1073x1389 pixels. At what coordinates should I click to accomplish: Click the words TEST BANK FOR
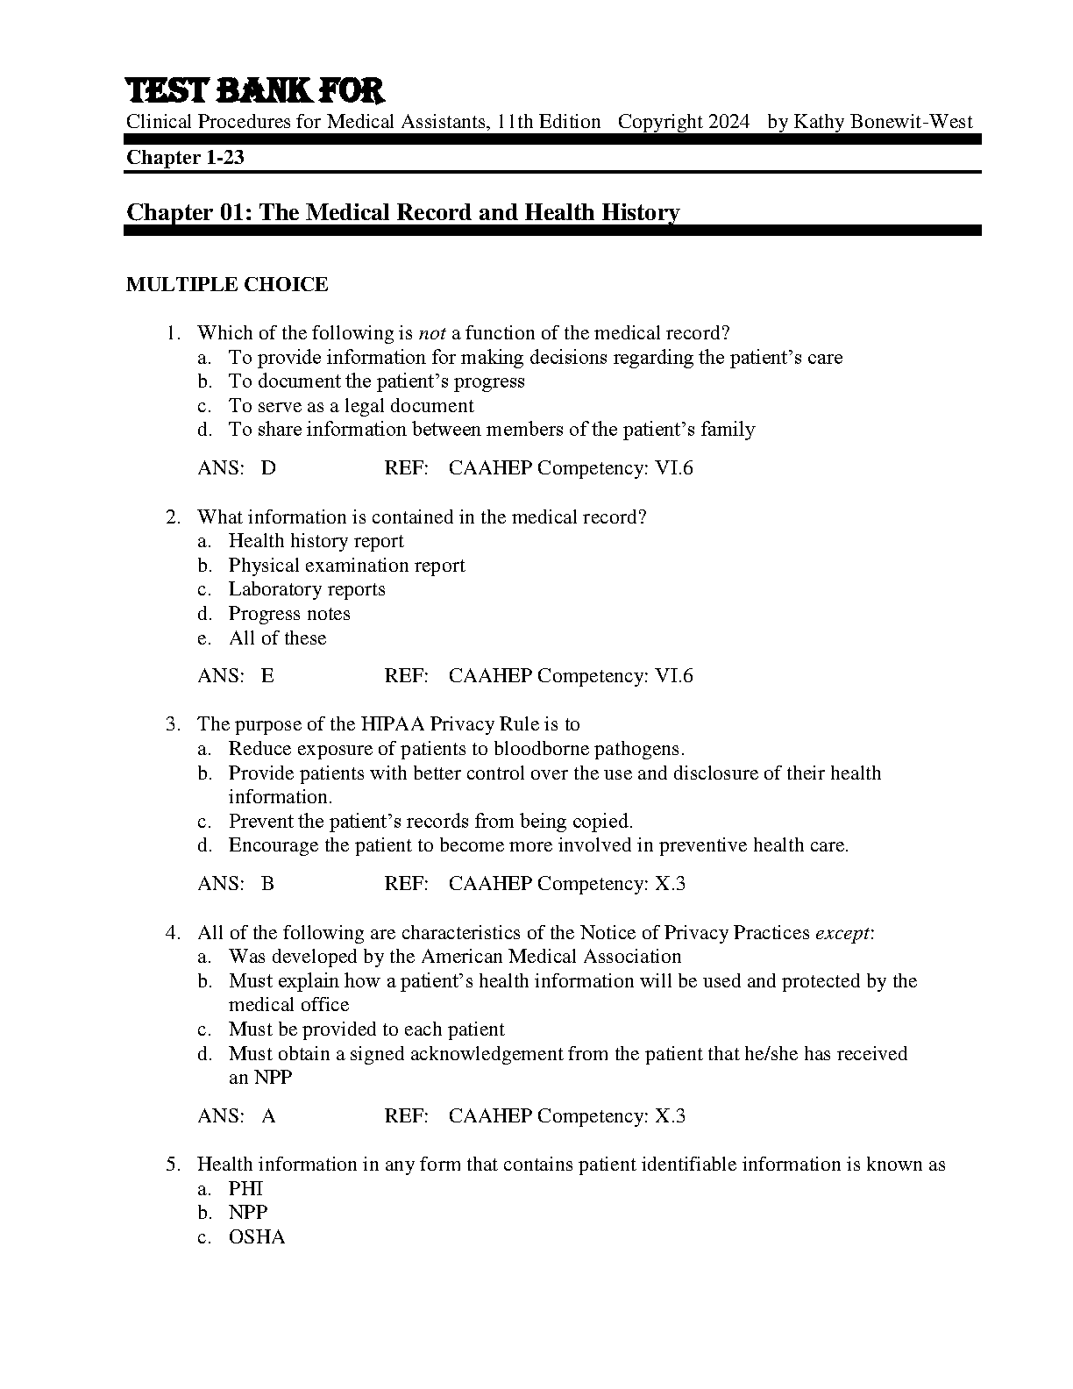pos(255,90)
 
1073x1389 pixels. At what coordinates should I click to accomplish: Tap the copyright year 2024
pos(729,122)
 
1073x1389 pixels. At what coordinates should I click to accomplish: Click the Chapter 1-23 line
pos(185,158)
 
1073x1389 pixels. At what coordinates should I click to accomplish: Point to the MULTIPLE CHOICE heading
pos(227,284)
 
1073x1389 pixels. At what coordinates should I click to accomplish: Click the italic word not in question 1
pos(432,333)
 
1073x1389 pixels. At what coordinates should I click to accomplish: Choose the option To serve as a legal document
pos(351,406)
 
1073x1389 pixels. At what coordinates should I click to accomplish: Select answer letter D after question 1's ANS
pos(268,468)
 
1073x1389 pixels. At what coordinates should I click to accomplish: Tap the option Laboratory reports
pos(307,589)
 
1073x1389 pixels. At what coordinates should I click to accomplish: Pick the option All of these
pos(277,638)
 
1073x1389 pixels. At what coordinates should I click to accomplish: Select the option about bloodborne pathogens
pos(456,749)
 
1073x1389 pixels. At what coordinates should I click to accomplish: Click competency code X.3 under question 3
pos(671,884)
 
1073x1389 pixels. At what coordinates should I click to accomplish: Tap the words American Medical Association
pos(551,957)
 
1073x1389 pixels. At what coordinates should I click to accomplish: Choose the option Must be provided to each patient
pos(366,1029)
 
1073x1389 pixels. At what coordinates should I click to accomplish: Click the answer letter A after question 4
pos(268,1116)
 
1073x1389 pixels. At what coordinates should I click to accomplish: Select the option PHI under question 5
pos(245,1189)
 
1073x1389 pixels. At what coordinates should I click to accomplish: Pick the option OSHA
pos(257,1237)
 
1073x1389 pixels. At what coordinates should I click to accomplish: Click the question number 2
pos(172,517)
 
